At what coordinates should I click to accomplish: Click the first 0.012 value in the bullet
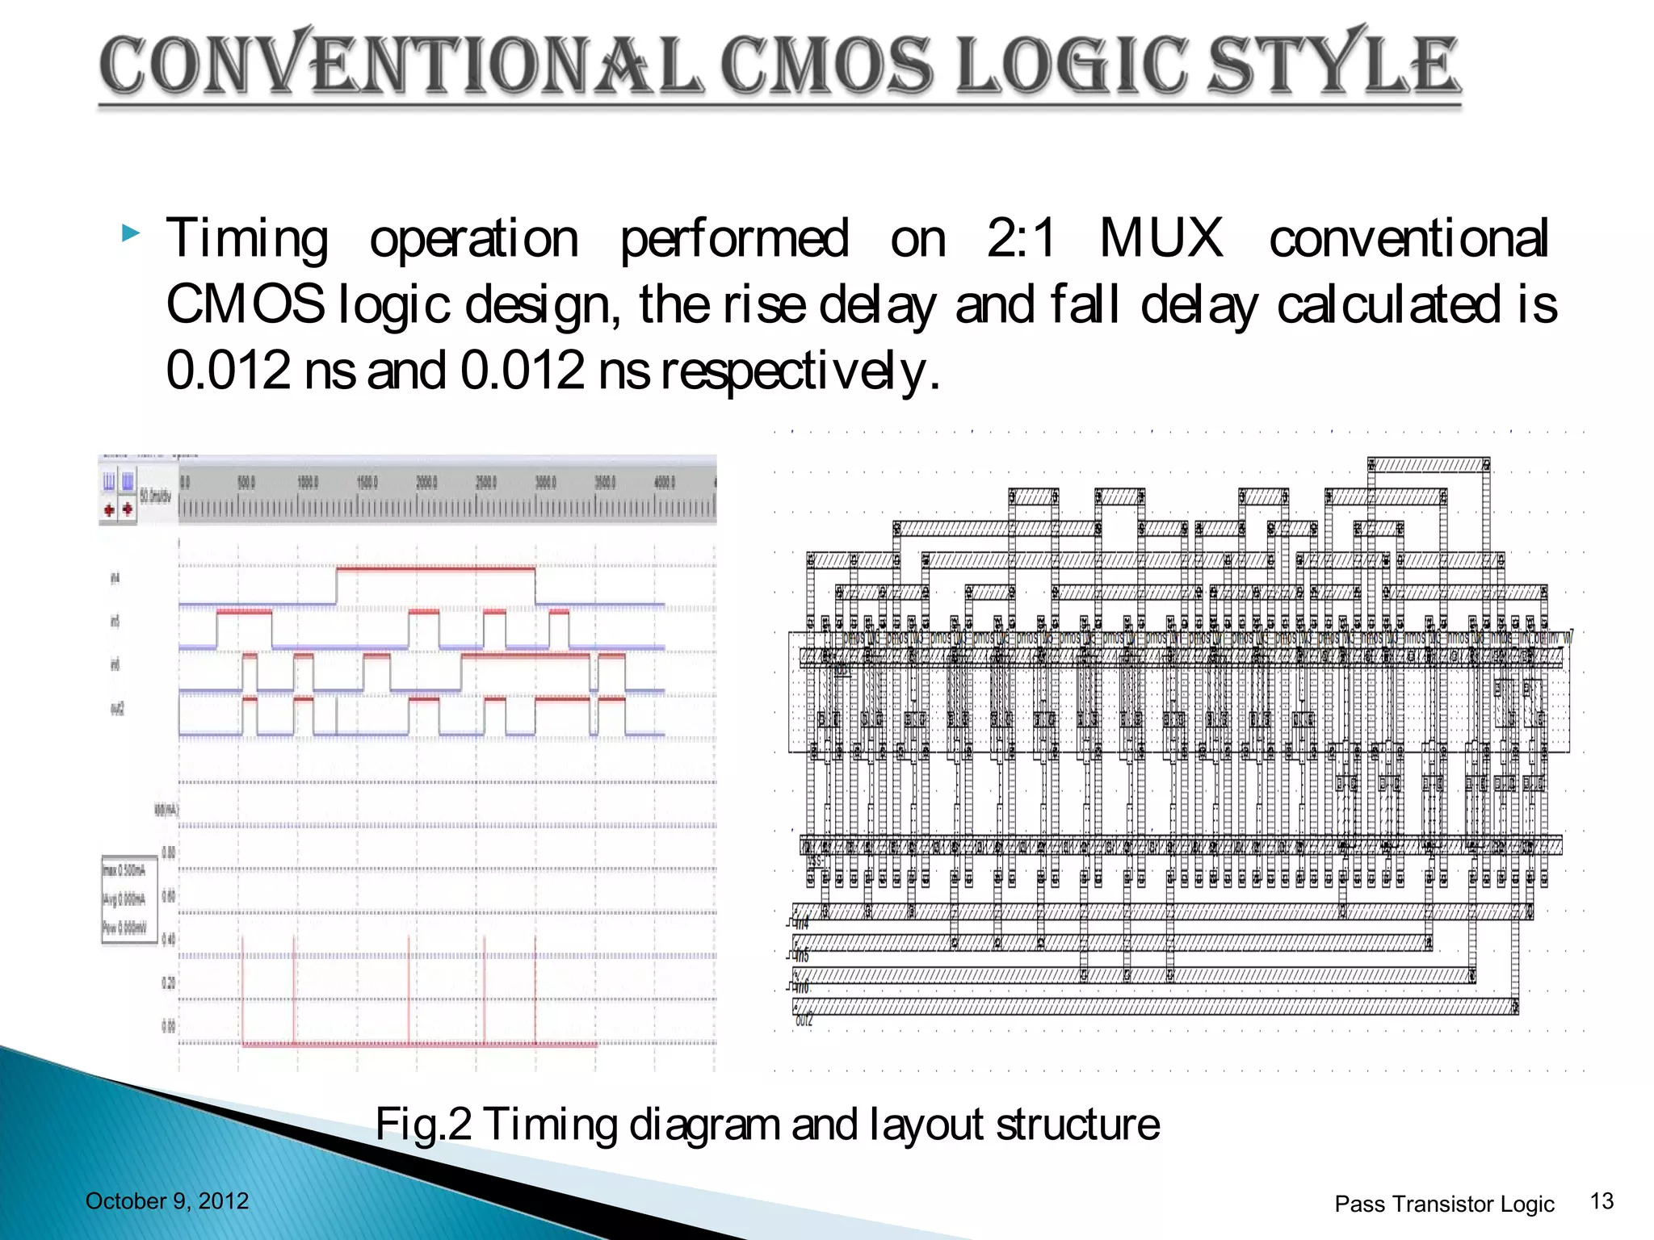[x=228, y=371]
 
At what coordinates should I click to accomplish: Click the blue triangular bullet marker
[x=131, y=235]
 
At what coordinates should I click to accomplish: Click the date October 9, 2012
[x=167, y=1201]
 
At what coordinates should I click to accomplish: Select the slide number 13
[x=1602, y=1201]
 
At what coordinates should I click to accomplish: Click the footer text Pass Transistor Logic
[x=1444, y=1204]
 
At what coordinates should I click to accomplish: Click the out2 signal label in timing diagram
[x=118, y=709]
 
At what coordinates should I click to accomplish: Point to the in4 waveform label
[x=115, y=578]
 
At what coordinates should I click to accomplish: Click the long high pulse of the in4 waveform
[x=435, y=569]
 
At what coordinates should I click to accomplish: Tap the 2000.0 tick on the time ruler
[x=426, y=482]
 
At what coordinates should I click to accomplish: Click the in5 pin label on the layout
[x=801, y=956]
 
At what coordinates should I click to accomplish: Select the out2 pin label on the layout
[x=804, y=1020]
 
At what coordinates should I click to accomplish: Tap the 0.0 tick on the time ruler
[x=185, y=482]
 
